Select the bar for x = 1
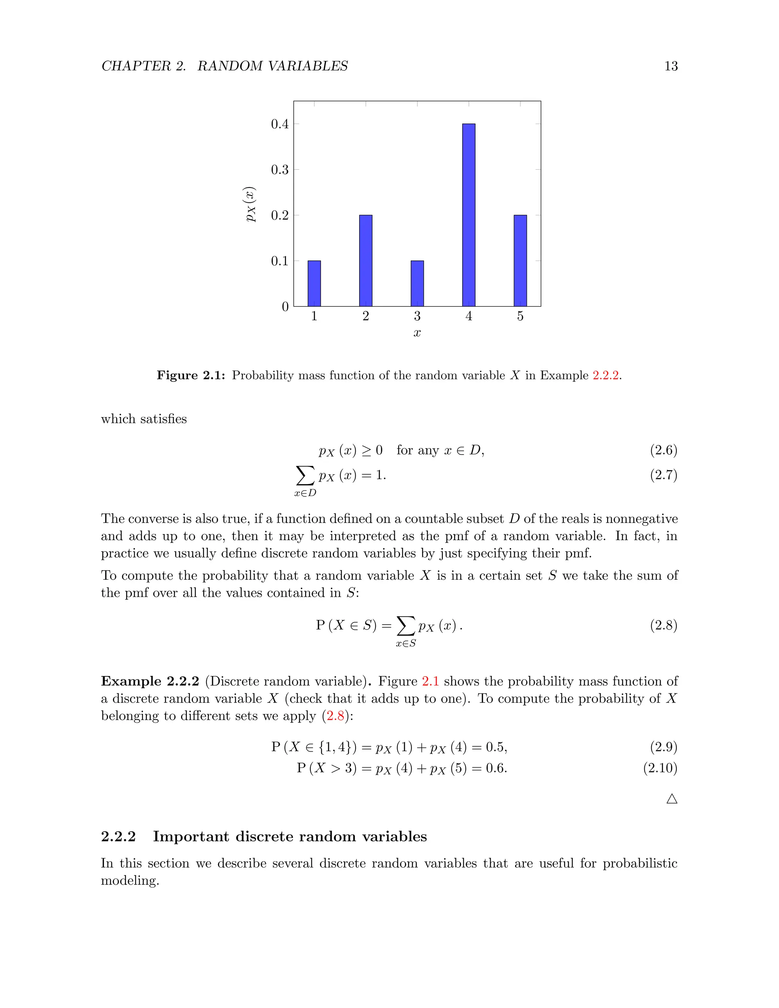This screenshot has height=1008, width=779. coord(314,283)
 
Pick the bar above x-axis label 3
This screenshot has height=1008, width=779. coord(417,283)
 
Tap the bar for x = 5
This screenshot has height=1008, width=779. coord(520,261)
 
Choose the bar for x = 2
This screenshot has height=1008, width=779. coord(366,261)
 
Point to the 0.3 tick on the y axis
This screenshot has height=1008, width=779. coord(280,170)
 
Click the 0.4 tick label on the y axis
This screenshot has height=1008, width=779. coord(280,124)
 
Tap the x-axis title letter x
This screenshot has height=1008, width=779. coord(417,333)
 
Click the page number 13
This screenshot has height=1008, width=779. coord(671,67)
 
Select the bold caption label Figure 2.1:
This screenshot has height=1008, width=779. coord(191,375)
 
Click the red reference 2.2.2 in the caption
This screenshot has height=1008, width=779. coord(605,375)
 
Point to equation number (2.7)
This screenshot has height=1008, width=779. coord(663,475)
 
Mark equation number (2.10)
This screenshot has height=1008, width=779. coord(660,768)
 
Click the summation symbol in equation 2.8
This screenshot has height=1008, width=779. coord(405,625)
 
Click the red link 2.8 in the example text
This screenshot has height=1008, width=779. coord(335,716)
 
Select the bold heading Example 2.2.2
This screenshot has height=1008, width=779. coord(150,681)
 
